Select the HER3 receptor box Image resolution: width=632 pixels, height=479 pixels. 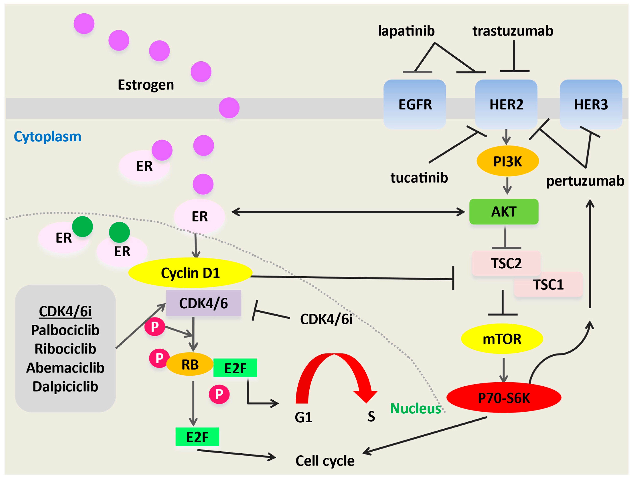[591, 104]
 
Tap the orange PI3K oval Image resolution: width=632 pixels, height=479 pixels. [508, 161]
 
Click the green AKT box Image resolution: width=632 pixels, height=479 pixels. [504, 211]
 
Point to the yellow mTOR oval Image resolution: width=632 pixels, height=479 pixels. [502, 339]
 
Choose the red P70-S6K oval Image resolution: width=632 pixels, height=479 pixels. [504, 398]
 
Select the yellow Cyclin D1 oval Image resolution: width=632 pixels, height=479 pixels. [190, 273]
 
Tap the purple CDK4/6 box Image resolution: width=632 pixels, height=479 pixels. [203, 303]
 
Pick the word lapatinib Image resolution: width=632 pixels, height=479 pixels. [406, 31]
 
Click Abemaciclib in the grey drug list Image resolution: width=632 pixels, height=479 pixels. [65, 368]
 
